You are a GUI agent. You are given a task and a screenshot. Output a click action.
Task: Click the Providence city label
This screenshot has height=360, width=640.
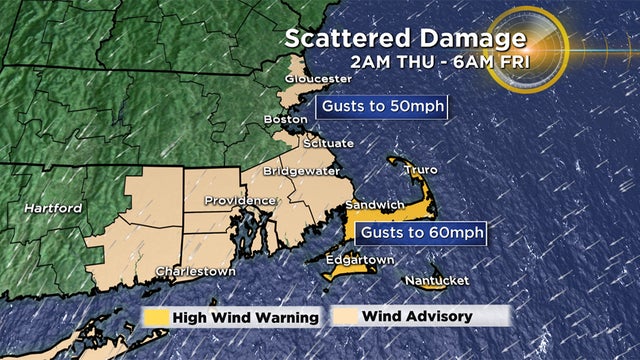(x=240, y=201)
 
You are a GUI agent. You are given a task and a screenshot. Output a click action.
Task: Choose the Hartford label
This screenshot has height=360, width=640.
(x=52, y=208)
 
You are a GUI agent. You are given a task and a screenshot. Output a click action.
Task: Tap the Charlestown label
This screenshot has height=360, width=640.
(x=195, y=271)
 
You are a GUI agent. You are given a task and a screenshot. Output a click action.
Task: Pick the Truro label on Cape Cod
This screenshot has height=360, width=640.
(x=420, y=170)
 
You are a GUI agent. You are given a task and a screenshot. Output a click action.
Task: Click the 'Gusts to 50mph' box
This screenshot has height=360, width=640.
(x=380, y=106)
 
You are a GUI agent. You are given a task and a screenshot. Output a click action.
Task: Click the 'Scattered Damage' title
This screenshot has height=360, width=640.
(x=404, y=40)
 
